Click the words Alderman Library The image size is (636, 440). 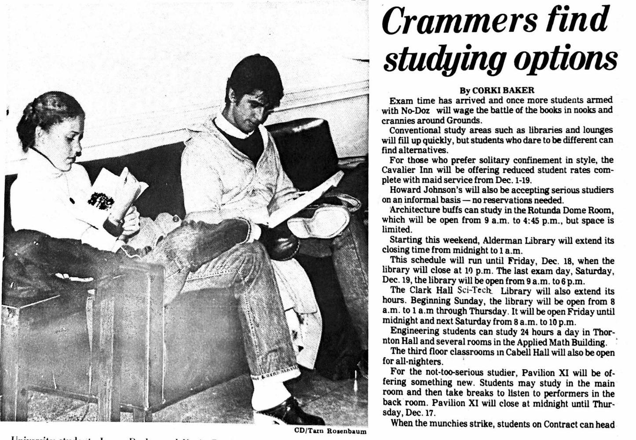click(x=514, y=241)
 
